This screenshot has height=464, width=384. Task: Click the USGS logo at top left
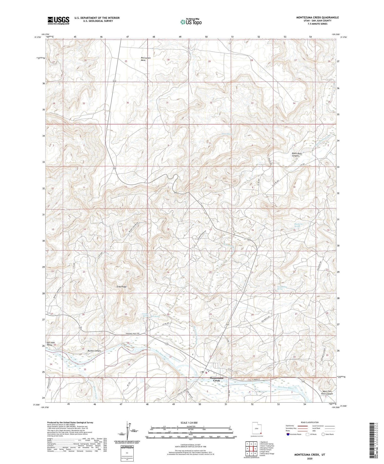[x=58, y=20]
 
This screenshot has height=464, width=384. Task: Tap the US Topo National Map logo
[x=191, y=22]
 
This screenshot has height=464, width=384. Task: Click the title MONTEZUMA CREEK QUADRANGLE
[x=317, y=17]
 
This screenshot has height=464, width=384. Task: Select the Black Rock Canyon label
[x=297, y=155]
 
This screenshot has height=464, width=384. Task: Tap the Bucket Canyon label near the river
[x=94, y=351]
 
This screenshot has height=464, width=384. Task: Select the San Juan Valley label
[x=50, y=344]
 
